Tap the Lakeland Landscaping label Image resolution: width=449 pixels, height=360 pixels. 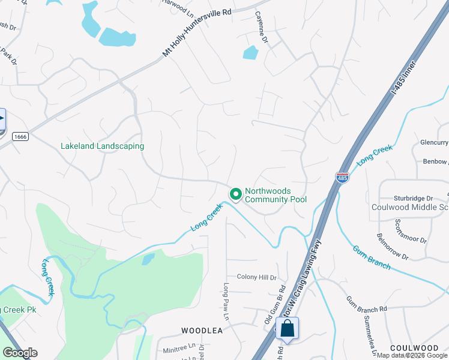tap(103, 146)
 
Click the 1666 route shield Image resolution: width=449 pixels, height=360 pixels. tap(20, 137)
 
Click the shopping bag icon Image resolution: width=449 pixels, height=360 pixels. tap(288, 329)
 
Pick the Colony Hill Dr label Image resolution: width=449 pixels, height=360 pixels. tap(256, 277)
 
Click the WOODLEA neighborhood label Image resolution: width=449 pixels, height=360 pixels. tap(202, 331)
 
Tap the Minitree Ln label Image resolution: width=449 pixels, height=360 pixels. tap(179, 346)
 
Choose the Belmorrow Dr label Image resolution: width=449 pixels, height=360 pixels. tap(393, 248)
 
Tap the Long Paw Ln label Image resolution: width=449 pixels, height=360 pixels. tap(227, 301)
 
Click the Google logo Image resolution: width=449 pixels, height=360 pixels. tap(20, 353)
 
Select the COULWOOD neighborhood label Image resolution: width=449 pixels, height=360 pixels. tap(414, 348)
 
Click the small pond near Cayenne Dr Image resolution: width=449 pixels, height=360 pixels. tap(250, 53)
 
